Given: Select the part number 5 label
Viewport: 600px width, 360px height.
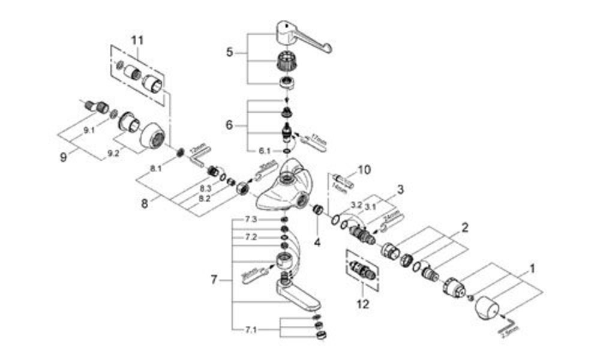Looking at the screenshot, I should click(x=229, y=53).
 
